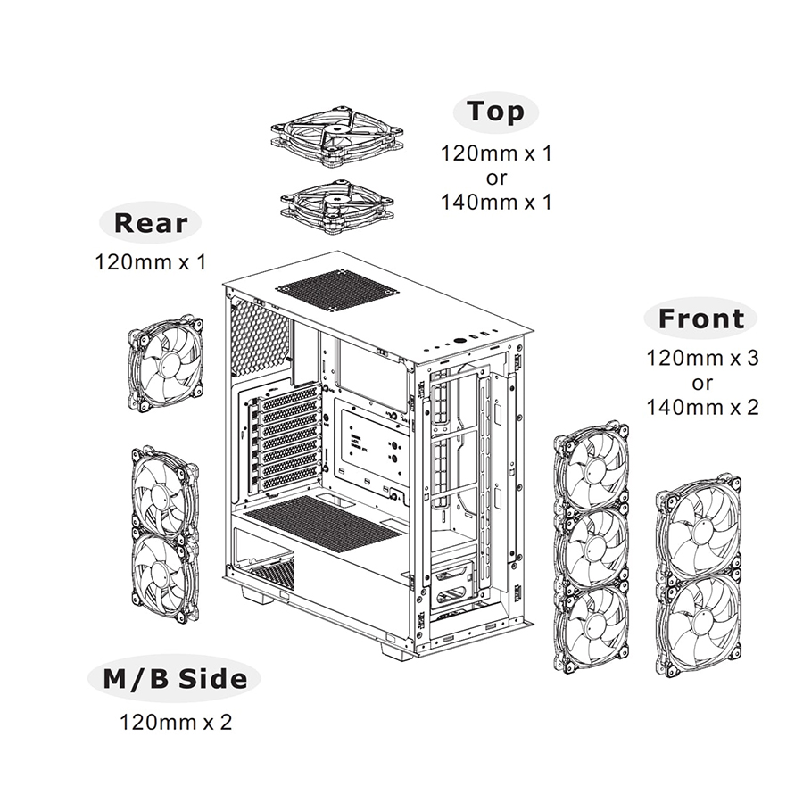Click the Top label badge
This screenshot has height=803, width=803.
(497, 112)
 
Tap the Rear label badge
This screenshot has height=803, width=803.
(150, 223)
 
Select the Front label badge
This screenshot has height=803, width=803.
(700, 319)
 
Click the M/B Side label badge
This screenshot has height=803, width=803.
(174, 679)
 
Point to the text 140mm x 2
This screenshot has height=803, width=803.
(702, 408)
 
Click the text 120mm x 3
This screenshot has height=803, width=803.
(702, 359)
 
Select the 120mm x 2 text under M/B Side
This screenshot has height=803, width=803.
(176, 721)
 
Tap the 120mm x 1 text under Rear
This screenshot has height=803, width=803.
(150, 263)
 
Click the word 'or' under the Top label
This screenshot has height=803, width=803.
(497, 178)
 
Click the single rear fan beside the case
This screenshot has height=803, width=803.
(166, 362)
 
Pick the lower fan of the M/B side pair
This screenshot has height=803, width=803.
(166, 575)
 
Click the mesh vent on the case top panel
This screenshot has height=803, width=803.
(337, 290)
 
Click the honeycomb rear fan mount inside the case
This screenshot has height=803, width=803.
(260, 338)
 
